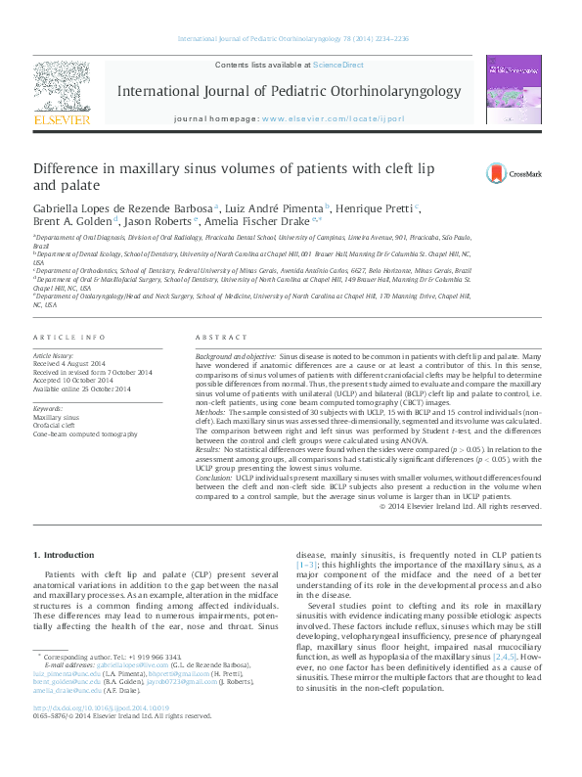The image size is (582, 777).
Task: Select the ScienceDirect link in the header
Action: [337, 64]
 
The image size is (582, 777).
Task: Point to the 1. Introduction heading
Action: [68, 556]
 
